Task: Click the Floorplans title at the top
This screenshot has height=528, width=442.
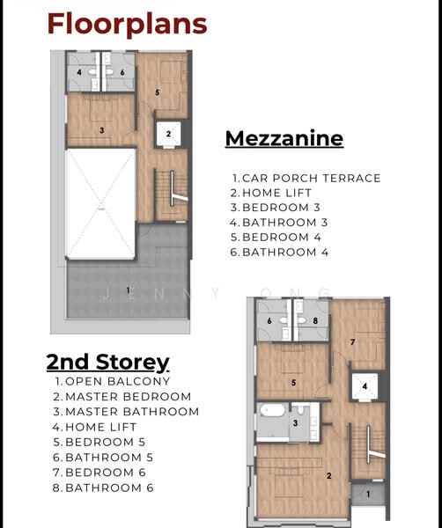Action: [127, 25]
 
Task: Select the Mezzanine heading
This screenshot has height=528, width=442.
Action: [284, 138]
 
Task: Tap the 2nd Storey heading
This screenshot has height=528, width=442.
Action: [107, 363]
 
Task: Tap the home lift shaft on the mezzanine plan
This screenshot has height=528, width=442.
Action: [169, 134]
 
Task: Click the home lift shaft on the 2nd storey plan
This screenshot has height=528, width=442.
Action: [365, 386]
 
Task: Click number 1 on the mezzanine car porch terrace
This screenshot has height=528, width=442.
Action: [128, 290]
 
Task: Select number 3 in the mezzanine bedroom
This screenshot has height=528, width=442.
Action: [102, 130]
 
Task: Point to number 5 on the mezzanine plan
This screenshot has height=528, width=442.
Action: [158, 92]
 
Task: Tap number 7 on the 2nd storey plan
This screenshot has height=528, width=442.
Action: [353, 342]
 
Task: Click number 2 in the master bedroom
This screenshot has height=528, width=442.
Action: [329, 475]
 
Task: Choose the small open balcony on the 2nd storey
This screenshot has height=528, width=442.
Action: [368, 494]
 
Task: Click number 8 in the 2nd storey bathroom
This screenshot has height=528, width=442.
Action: [315, 320]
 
